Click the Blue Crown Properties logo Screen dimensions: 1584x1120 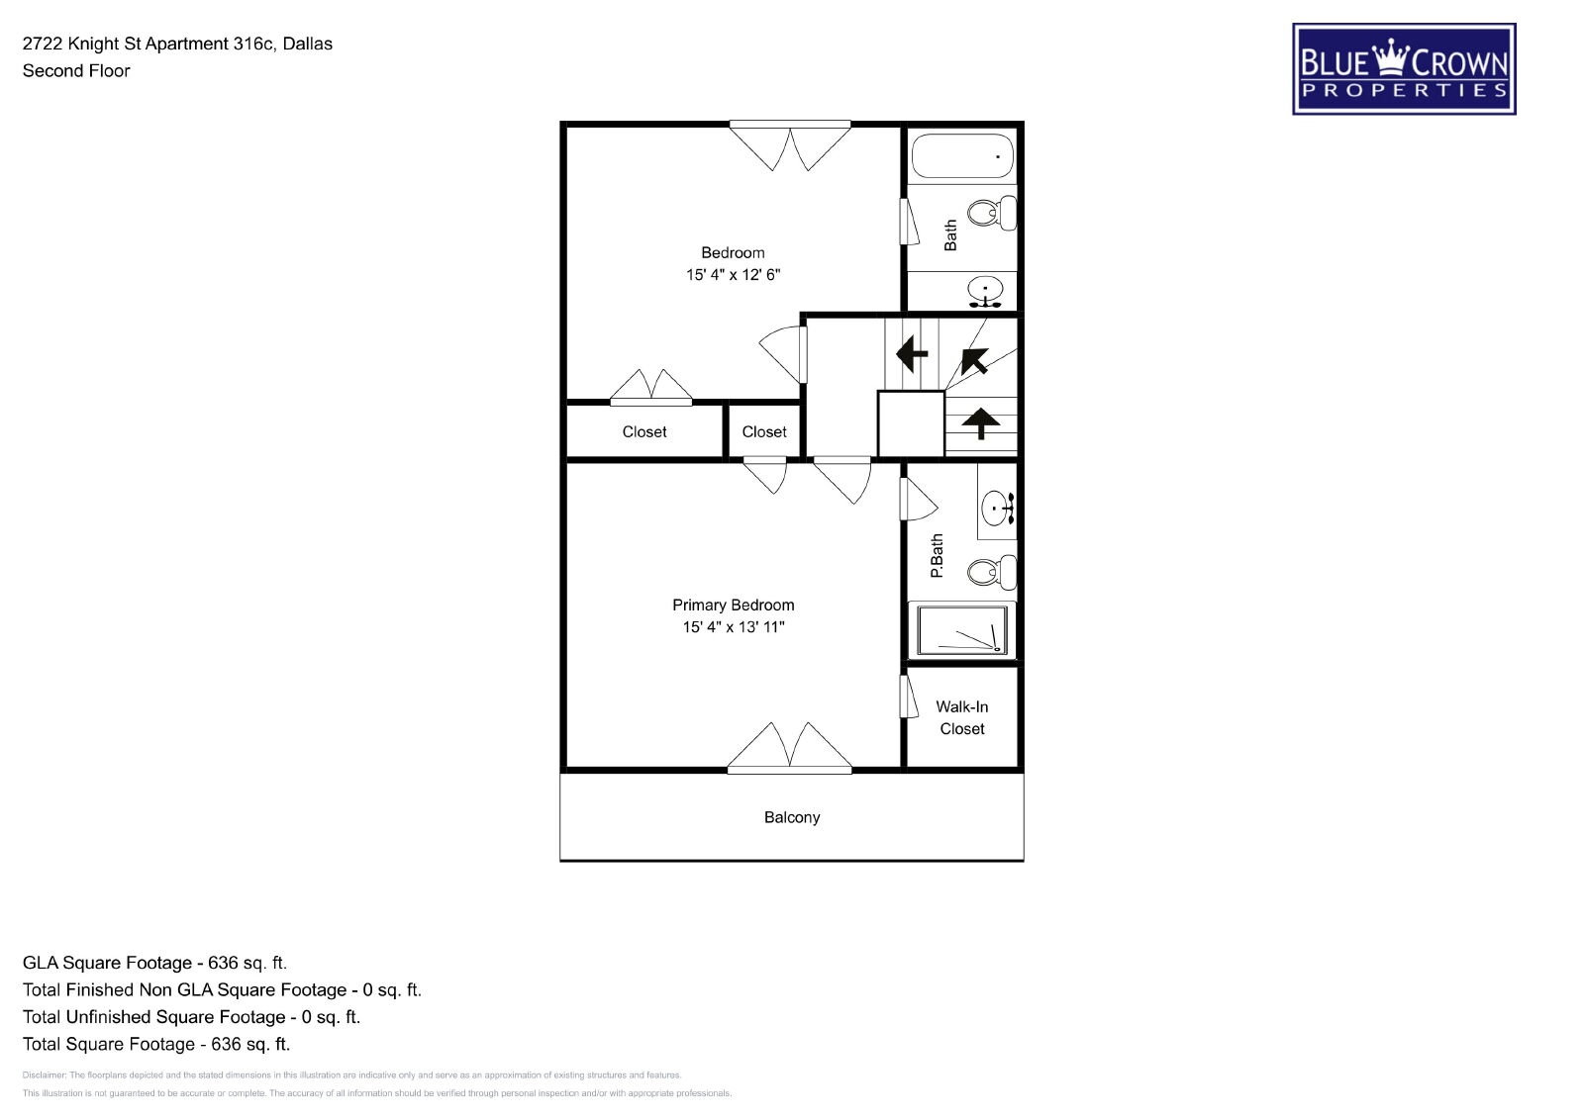[1404, 68]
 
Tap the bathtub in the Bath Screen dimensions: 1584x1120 [962, 155]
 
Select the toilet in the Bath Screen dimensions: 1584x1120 [992, 213]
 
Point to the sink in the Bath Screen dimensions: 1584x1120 [985, 292]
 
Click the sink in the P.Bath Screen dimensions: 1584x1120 [998, 508]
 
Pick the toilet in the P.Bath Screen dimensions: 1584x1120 [992, 572]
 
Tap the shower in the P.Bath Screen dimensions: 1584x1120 [962, 629]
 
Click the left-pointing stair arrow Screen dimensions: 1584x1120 [912, 353]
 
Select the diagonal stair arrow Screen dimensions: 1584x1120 [974, 360]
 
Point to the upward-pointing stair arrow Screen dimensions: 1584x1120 [981, 423]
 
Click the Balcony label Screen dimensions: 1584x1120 [792, 817]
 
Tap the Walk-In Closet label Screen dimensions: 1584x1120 [962, 718]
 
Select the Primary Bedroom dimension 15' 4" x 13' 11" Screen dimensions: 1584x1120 [734, 626]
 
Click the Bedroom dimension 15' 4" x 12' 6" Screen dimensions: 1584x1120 [734, 274]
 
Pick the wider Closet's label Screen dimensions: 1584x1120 [644, 431]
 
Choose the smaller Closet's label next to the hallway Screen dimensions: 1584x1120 [764, 431]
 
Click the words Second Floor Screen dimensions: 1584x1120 [76, 70]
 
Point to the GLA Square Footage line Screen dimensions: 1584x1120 [154, 963]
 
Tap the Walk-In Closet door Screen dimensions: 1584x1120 [908, 697]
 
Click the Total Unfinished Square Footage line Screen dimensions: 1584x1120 [192, 1017]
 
